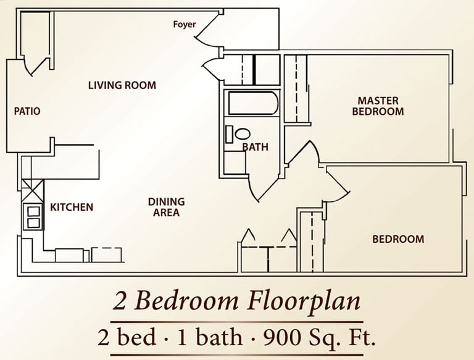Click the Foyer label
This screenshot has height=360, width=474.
tap(185, 25)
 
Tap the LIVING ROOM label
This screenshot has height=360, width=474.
tap(122, 85)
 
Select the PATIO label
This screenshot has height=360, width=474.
tap(27, 111)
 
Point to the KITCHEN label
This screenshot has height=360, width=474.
tap(72, 207)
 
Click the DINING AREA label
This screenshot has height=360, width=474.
tap(166, 207)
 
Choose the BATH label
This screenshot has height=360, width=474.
tap(256, 147)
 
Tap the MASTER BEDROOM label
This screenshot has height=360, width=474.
tap(378, 106)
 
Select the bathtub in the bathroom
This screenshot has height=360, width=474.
tap(253, 103)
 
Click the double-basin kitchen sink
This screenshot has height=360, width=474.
tap(33, 217)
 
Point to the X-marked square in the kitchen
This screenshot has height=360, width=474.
tap(33, 190)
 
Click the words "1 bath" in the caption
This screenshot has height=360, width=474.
tap(210, 337)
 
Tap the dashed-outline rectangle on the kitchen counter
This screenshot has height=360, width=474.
tap(107, 255)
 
